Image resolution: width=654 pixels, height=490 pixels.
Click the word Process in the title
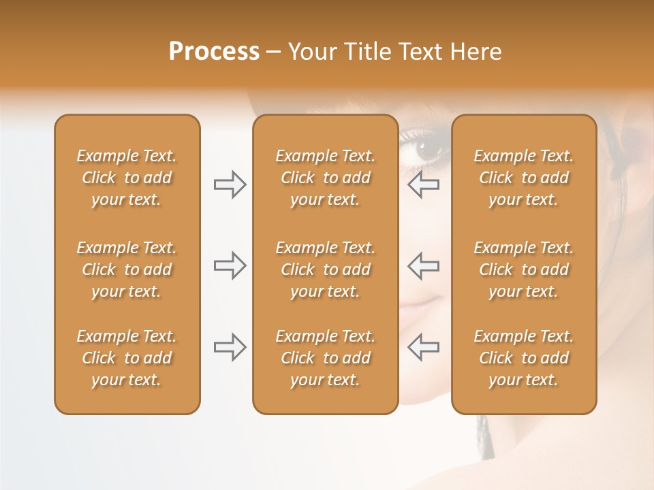point(214,51)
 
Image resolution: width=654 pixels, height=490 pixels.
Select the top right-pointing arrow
point(230,184)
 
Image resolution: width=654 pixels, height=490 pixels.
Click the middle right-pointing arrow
point(230,265)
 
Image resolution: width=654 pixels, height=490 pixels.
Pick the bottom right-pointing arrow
point(230,347)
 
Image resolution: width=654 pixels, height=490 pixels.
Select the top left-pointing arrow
point(424,184)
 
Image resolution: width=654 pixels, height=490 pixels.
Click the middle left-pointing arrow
point(424,265)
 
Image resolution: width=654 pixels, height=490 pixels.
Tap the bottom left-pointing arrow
point(424,347)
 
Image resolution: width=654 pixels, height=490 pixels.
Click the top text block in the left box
point(127,178)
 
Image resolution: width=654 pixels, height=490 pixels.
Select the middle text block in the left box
point(127,269)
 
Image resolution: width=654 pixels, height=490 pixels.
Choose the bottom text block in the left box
point(127,358)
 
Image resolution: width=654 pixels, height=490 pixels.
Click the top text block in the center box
point(325,178)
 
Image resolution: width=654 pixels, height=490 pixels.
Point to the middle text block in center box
point(325,269)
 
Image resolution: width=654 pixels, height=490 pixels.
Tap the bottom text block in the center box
point(325,358)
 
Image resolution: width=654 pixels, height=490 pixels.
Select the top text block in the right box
point(524,178)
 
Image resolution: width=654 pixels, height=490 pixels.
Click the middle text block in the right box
point(524,269)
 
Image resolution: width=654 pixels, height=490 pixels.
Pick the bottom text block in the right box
point(524,358)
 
